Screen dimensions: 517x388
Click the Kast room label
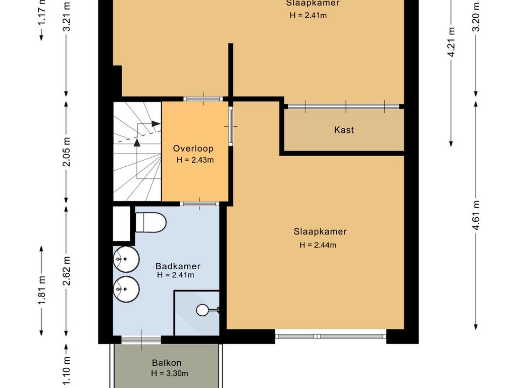click(x=344, y=130)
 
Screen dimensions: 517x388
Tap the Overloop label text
click(x=193, y=149)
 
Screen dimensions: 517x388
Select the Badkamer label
click(x=178, y=266)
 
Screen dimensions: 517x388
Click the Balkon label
click(x=167, y=363)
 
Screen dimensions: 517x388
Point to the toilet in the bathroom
click(x=150, y=222)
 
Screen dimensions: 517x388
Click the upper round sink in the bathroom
click(x=126, y=259)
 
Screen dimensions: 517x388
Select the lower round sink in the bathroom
click(x=126, y=289)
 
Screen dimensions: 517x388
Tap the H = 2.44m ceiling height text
click(x=318, y=245)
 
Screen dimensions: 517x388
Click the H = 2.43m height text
click(x=195, y=160)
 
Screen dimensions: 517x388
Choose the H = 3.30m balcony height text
click(x=170, y=373)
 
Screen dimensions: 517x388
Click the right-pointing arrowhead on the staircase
click(x=156, y=124)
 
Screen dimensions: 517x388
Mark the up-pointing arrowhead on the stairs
click(x=137, y=142)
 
